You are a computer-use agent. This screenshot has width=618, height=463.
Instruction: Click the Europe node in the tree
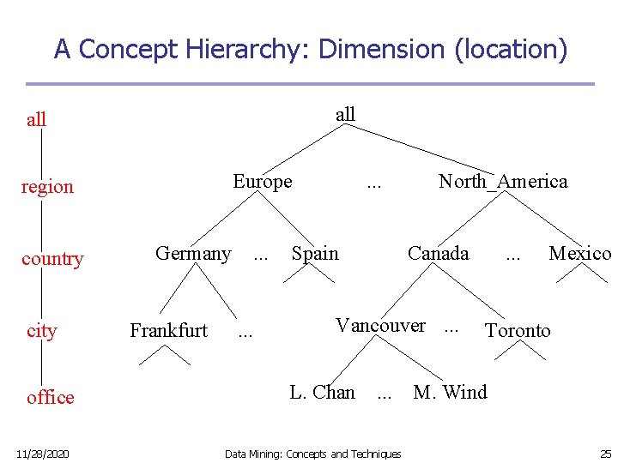pos(263,182)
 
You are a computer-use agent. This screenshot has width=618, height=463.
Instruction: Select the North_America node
pos(503,182)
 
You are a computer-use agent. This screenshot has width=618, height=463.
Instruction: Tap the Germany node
pos(193,254)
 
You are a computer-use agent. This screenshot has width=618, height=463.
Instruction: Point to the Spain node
pos(315,254)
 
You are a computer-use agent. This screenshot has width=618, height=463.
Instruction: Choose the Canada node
pos(439,254)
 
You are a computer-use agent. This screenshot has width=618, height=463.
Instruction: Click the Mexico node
pos(579,254)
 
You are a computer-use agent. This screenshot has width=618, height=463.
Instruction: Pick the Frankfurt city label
pos(168,331)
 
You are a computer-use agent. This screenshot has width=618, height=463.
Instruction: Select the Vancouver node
pos(380,326)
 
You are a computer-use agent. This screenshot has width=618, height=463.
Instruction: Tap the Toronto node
pos(518,331)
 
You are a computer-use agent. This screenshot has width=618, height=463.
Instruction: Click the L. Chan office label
pos(322,393)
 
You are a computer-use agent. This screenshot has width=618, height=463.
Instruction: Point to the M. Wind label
pos(450,393)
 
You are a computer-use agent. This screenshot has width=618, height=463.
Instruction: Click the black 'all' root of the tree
pos(345,115)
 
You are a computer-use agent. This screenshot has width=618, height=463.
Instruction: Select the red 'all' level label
pos(37,120)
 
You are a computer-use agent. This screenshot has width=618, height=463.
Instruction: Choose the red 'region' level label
pos(47,187)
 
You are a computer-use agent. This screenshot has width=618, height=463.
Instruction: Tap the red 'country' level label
pos(52,259)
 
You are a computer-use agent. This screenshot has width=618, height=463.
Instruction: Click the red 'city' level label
pos(42,331)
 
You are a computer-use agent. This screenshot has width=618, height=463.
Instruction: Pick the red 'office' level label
pos(51,398)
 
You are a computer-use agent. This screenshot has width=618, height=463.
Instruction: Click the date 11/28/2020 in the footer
pos(42,454)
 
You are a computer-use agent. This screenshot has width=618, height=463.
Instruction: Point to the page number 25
pos(605,454)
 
